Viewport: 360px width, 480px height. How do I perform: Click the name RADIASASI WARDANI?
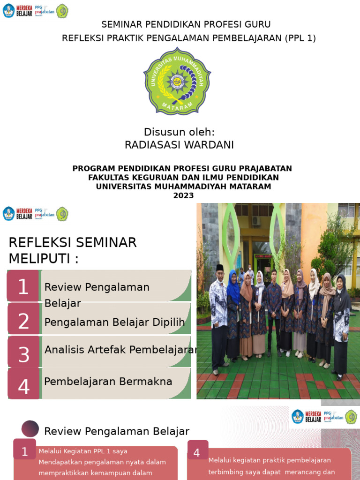[179, 145]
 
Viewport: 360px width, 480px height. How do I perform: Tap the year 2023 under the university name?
[183, 196]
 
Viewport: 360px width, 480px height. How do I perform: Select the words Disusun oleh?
[179, 132]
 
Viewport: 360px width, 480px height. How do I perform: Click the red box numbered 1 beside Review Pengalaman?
[23, 286]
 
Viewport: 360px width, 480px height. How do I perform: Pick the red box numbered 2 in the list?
[23, 321]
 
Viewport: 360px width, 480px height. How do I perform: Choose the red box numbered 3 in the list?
[23, 354]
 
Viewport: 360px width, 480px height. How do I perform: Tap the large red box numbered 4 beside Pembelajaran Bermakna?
[23, 386]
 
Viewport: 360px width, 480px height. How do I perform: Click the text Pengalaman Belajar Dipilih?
[114, 322]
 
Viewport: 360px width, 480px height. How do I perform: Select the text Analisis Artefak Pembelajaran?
[120, 350]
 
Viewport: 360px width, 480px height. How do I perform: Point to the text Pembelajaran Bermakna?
[108, 382]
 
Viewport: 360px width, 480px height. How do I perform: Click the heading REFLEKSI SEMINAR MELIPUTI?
[73, 250]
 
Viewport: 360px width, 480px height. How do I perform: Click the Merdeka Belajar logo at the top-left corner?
[17, 11]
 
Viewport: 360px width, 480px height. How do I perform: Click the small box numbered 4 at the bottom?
[196, 452]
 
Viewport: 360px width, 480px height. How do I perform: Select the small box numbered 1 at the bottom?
[25, 451]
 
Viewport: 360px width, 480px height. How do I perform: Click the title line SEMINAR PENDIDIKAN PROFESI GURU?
[186, 24]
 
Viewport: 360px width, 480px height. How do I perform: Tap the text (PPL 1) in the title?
[300, 38]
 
